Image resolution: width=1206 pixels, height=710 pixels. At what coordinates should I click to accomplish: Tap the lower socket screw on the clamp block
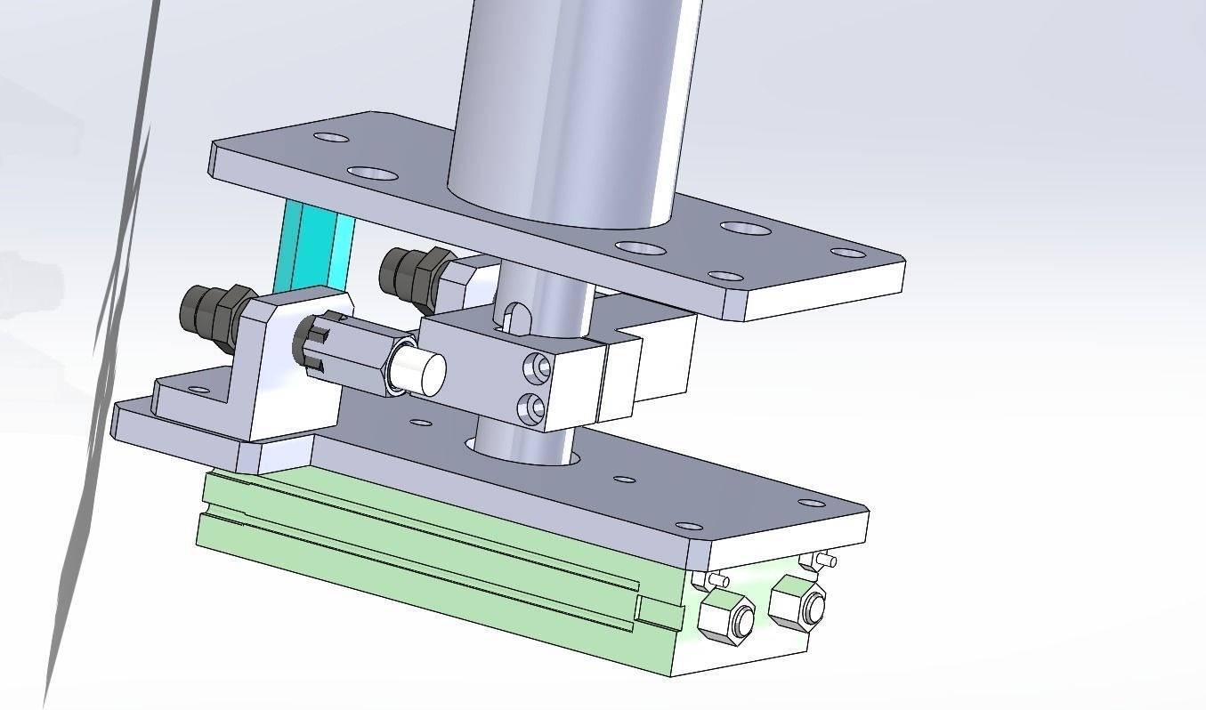tap(534, 408)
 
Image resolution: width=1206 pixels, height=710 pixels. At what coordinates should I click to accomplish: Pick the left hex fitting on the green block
tap(727, 617)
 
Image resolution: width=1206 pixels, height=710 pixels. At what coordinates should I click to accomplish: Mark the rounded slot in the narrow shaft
tap(515, 317)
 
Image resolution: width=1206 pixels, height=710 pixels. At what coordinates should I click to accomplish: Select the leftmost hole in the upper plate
tap(331, 139)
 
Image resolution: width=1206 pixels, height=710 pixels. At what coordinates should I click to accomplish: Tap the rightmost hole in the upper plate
tap(848, 253)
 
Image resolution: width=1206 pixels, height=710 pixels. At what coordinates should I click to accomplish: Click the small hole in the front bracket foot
tap(199, 390)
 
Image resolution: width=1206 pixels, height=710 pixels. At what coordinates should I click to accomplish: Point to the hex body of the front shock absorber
tap(352, 356)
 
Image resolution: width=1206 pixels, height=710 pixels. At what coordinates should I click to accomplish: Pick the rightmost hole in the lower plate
tap(811, 504)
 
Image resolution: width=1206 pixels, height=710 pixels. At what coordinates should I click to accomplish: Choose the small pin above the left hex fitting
tap(718, 581)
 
